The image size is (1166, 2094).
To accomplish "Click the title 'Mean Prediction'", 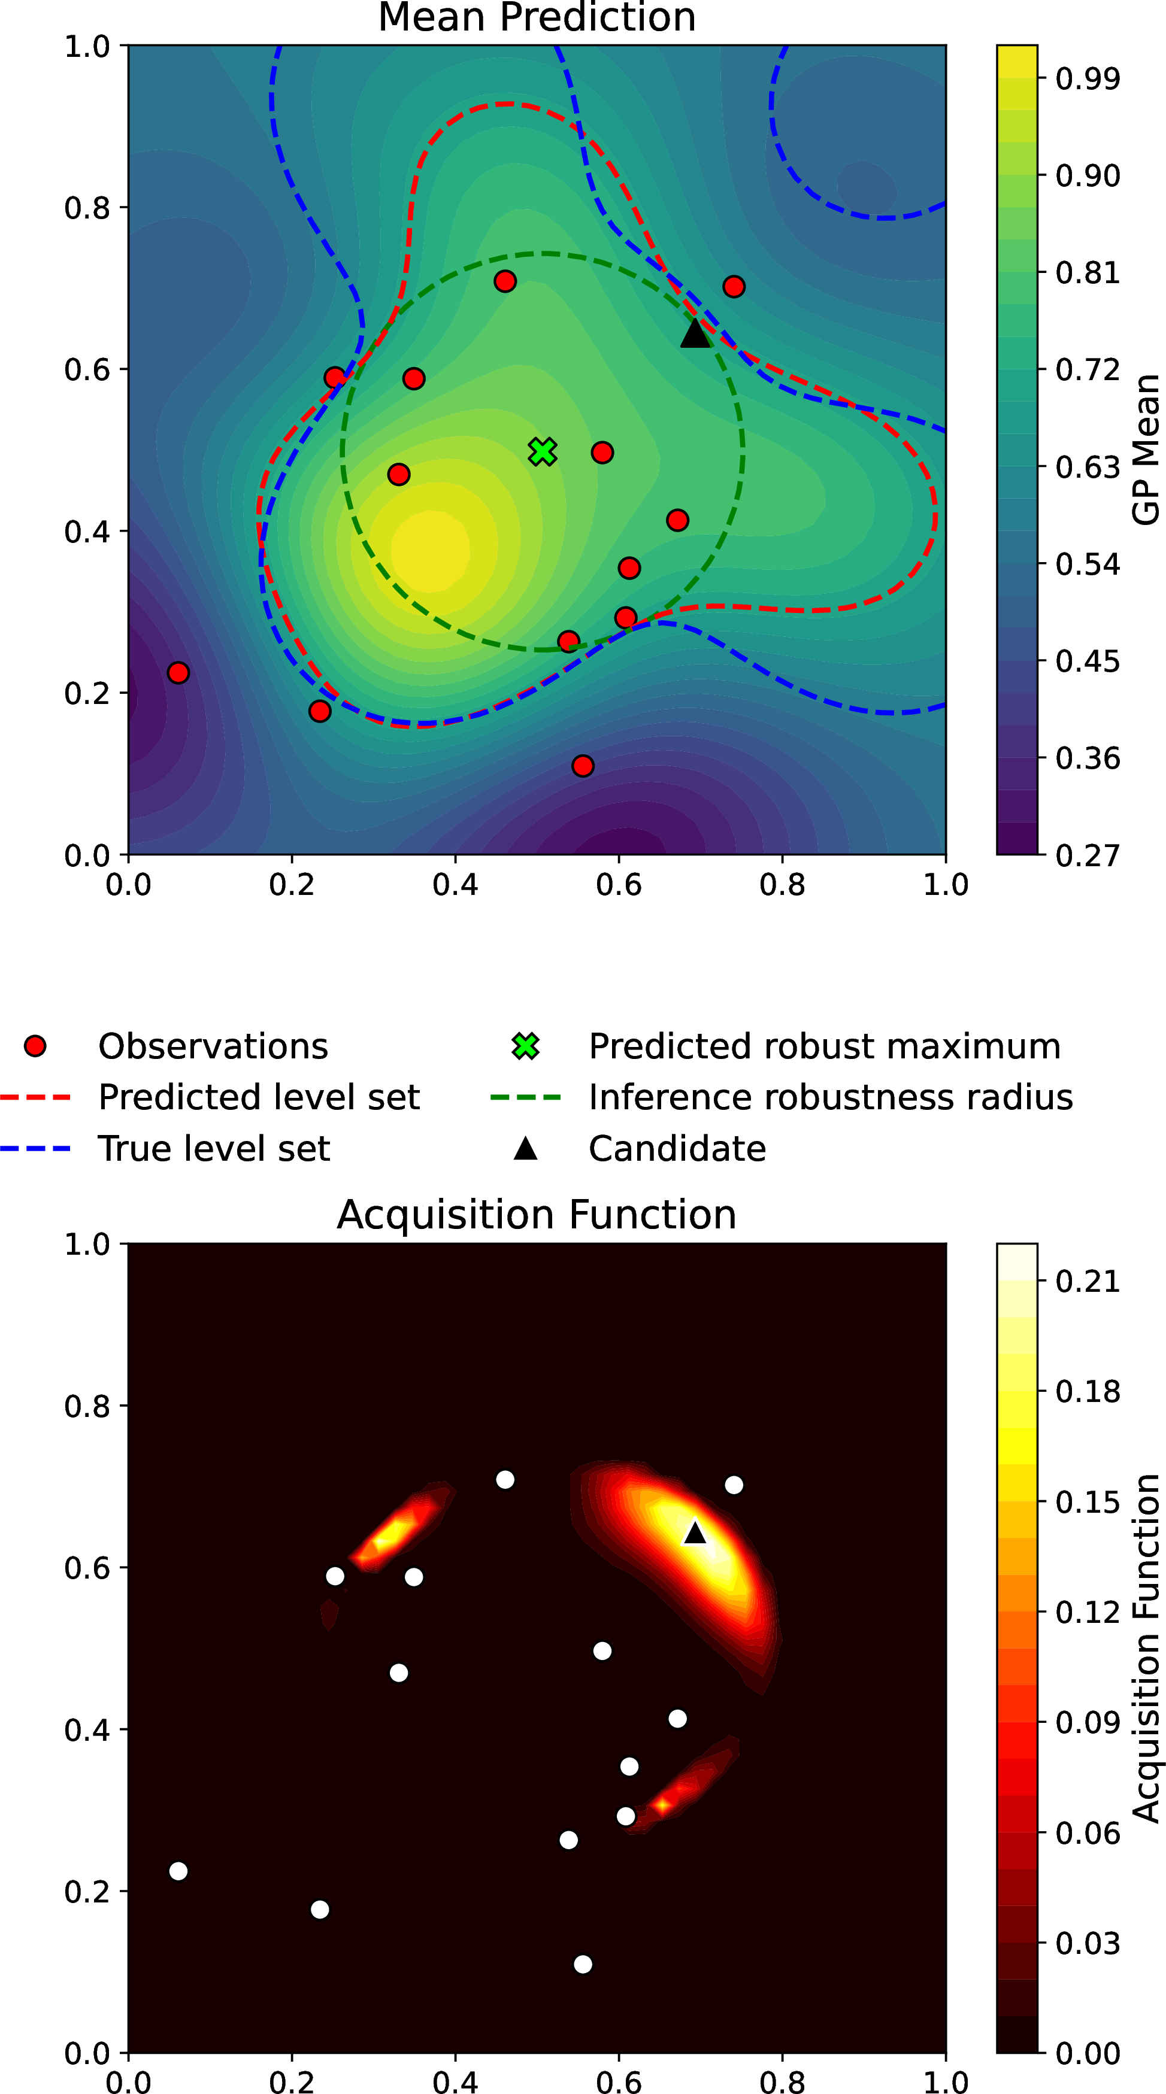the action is tap(537, 17).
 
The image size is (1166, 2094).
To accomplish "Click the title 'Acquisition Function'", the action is tap(537, 1215).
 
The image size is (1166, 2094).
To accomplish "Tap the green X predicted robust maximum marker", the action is tap(543, 451).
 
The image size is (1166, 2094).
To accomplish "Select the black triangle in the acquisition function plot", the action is tap(695, 1532).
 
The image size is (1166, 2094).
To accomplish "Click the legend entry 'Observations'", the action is tap(213, 1046).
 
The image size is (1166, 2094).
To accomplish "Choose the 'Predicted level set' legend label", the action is tap(259, 1097).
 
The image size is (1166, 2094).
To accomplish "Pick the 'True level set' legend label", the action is tap(214, 1149).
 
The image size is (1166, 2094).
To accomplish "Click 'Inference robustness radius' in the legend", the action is tap(830, 1097).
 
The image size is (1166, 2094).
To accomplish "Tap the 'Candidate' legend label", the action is tap(677, 1149).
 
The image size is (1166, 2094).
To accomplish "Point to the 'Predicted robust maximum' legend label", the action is tap(825, 1046).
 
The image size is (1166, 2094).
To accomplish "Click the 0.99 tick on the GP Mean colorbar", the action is tap(1087, 79).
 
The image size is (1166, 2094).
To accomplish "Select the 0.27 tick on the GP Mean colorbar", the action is tap(1087, 855).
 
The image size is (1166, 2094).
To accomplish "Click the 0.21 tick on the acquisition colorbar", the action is tap(1087, 1281).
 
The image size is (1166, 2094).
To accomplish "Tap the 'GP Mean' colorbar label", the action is tap(1146, 450).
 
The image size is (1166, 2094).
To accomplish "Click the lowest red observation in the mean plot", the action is tap(582, 766).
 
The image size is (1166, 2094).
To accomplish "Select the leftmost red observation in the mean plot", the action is tap(178, 673).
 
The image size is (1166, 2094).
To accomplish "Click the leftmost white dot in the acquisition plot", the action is tap(178, 1871).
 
